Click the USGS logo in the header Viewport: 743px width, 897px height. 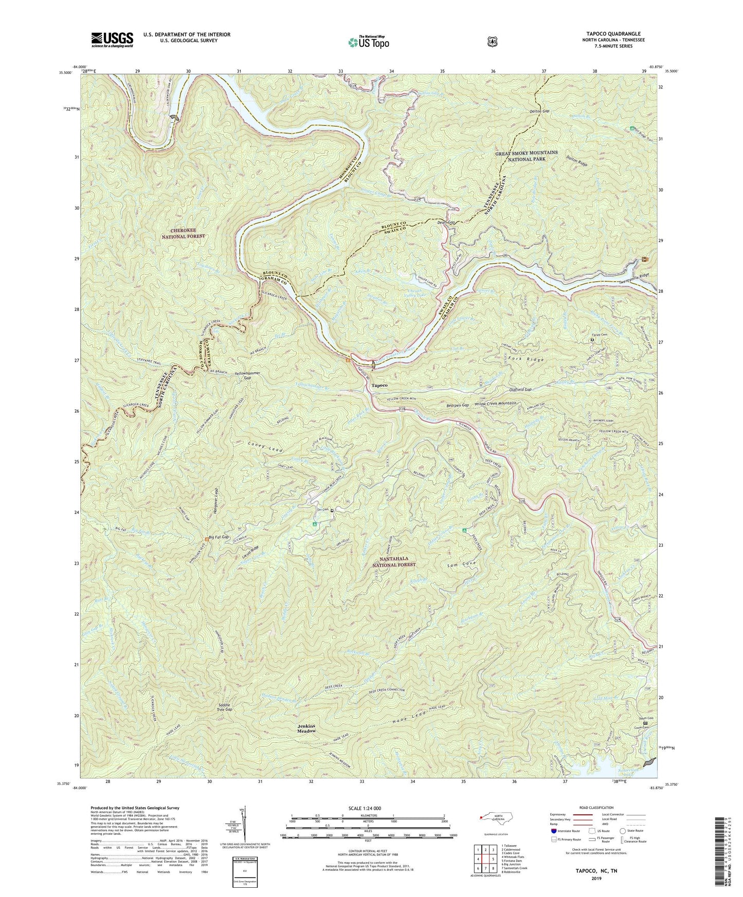pos(112,39)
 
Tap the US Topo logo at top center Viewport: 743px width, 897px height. pos(368,42)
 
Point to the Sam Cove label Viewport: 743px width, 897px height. pos(463,564)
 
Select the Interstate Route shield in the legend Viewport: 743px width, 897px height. pos(553,830)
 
